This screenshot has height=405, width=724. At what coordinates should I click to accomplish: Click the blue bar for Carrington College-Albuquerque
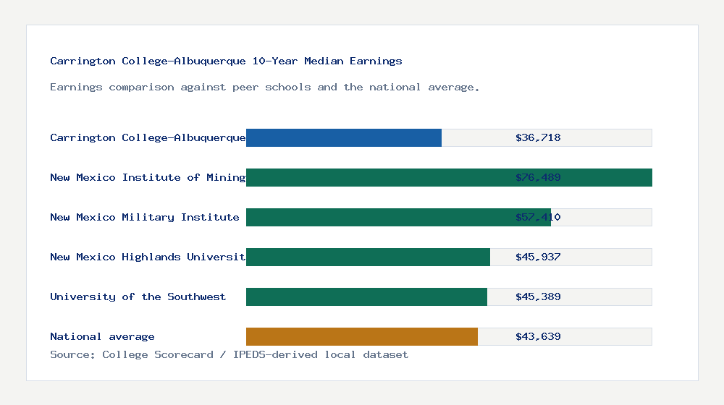point(344,137)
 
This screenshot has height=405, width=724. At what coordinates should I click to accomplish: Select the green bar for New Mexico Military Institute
point(398,217)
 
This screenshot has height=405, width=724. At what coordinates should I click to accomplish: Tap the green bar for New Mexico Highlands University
point(368,257)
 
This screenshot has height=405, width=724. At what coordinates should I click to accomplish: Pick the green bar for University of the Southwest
point(366,297)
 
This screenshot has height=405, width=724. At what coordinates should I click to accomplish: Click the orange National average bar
point(362,336)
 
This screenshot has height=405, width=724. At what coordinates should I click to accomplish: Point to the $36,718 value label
point(538,137)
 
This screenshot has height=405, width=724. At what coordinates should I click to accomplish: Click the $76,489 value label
point(538,177)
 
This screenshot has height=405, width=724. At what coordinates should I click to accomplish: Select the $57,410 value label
point(538,217)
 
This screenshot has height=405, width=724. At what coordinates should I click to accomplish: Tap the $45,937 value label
point(538,257)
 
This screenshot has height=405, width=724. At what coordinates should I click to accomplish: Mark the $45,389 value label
point(538,297)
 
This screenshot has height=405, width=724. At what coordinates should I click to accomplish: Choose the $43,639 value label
point(538,336)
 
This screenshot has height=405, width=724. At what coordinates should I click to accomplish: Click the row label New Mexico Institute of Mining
point(148,177)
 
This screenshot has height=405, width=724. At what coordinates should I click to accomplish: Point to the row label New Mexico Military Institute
point(145,217)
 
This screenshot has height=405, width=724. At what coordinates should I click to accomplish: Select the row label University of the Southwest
point(138,297)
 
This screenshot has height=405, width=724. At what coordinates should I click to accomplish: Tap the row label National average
point(102,336)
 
